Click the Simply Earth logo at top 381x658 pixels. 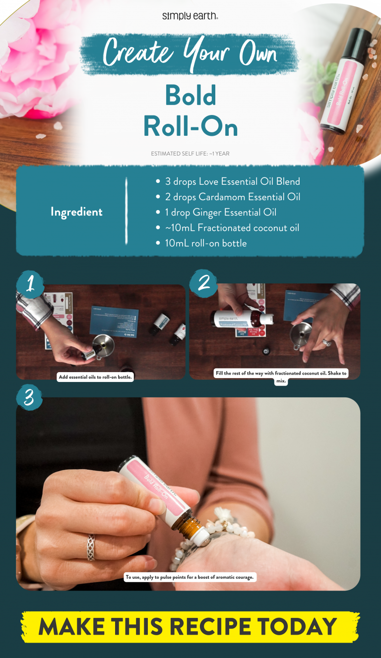point(190,16)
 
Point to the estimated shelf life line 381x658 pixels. point(190,154)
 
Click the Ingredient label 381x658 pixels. point(76,212)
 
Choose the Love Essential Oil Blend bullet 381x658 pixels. point(232,182)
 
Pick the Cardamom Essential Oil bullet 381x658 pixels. point(232,197)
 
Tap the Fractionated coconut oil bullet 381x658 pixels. point(232,228)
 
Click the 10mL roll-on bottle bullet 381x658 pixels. point(205,243)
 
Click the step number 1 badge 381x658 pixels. point(30,284)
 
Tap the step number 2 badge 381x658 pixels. point(204,283)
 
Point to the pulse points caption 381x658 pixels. point(190,578)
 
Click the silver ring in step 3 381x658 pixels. point(91,547)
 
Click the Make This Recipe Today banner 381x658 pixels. point(190,627)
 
